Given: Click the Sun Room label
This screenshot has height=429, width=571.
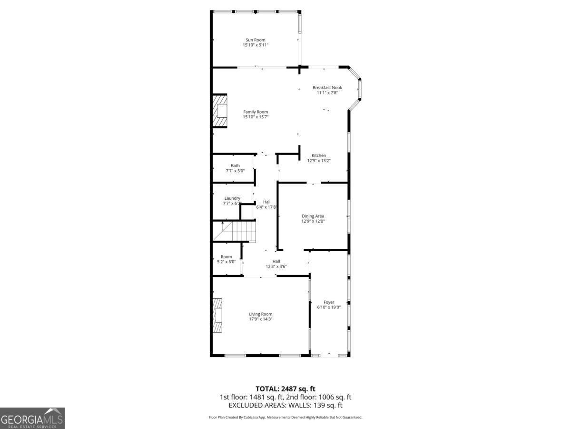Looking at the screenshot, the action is pyautogui.click(x=255, y=40).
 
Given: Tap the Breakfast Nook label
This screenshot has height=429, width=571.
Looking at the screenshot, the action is pyautogui.click(x=327, y=88).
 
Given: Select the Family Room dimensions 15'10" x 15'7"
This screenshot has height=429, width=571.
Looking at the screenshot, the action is pyautogui.click(x=256, y=117).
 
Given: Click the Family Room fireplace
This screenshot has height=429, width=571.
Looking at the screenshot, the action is pyautogui.click(x=220, y=111).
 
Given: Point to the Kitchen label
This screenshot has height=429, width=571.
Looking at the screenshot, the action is pyautogui.click(x=319, y=155).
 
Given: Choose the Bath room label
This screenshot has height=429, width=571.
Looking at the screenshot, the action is pyautogui.click(x=235, y=166).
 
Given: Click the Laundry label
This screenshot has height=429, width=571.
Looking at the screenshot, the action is pyautogui.click(x=232, y=198).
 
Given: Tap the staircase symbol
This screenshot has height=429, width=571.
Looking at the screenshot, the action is pyautogui.click(x=234, y=231).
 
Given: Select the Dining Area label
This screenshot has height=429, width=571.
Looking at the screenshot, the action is pyautogui.click(x=313, y=216).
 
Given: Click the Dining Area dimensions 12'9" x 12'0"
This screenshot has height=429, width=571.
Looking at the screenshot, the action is pyautogui.click(x=313, y=221).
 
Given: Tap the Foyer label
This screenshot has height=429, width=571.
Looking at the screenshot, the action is pyautogui.click(x=328, y=302).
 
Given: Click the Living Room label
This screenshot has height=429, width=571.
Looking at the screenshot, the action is pyautogui.click(x=260, y=314).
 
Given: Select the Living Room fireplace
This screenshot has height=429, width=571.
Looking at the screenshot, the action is pyautogui.click(x=217, y=316).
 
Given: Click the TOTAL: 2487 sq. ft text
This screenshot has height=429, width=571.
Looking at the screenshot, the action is pyautogui.click(x=285, y=389).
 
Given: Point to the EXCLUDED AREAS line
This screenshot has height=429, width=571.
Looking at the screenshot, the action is pyautogui.click(x=285, y=405).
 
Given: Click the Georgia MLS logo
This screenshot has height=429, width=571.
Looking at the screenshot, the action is pyautogui.click(x=32, y=419).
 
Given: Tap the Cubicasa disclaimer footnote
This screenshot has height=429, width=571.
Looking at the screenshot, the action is pyautogui.click(x=285, y=417).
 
